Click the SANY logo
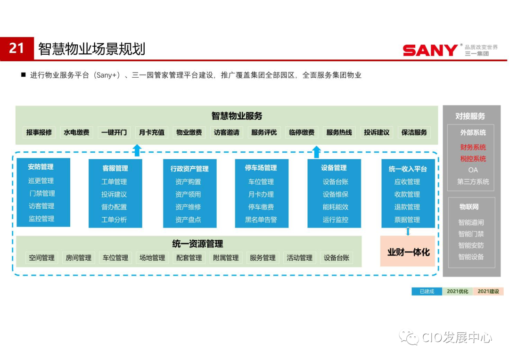[430, 50]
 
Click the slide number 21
[16, 49]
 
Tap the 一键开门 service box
[114, 132]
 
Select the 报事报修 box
[39, 132]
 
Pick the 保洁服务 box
[414, 132]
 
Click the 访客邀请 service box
[227, 132]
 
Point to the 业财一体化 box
[408, 252]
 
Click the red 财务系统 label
[473, 147]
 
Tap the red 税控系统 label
[473, 159]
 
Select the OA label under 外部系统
[473, 170]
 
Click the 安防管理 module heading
[41, 167]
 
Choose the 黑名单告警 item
[261, 220]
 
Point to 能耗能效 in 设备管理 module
[336, 207]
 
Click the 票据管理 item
[407, 220]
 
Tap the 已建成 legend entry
[427, 291]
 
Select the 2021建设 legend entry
[488, 291]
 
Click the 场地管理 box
[152, 258]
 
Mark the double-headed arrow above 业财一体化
[408, 231]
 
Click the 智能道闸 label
[471, 222]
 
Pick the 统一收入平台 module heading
[408, 169]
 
